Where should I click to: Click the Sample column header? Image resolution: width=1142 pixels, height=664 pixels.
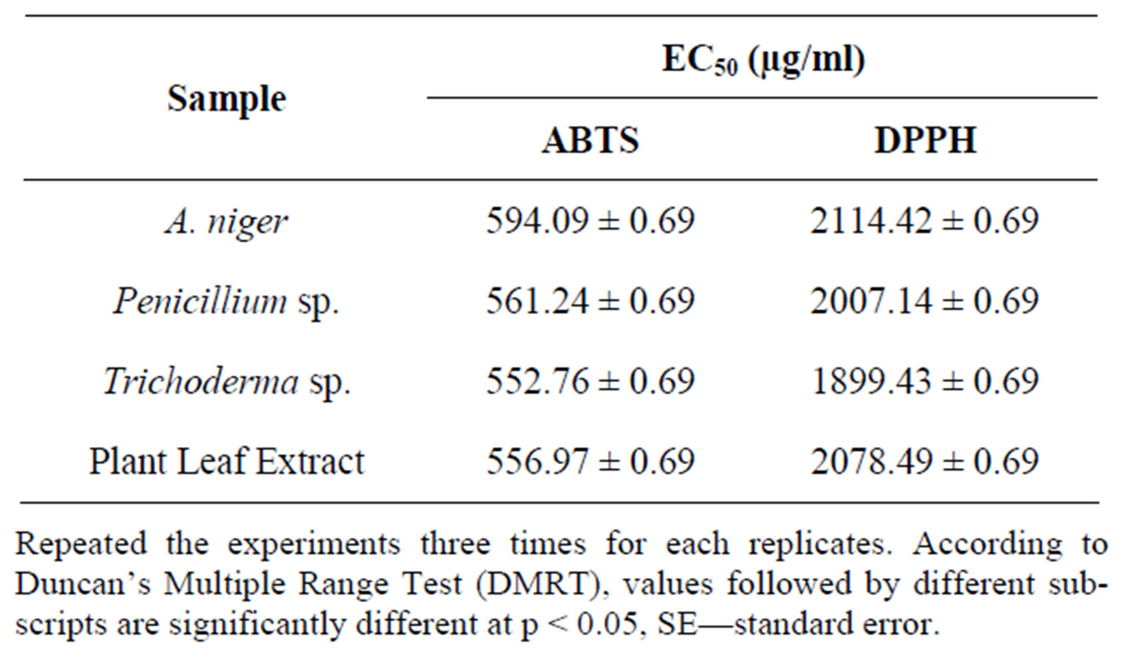point(226,99)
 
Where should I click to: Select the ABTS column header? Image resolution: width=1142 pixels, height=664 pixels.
point(590,140)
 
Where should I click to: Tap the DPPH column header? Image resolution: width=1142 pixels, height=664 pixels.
point(926,140)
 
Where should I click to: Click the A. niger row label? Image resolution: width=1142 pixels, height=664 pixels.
point(226,222)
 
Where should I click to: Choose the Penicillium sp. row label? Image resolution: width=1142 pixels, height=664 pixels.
point(226,301)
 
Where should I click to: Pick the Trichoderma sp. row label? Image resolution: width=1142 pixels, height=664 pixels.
point(226,381)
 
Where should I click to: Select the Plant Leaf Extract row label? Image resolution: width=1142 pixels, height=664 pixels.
point(226,462)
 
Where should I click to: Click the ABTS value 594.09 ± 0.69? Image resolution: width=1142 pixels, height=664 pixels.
point(590,221)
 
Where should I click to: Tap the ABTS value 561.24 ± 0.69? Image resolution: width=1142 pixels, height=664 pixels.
point(590,301)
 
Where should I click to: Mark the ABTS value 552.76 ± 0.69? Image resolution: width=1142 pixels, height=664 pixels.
point(590,381)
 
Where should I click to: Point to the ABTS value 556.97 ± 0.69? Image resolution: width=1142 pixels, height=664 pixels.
point(590,461)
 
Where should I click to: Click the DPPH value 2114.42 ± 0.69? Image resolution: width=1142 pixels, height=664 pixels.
point(924,221)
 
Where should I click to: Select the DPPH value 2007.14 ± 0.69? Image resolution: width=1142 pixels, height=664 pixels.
point(924,301)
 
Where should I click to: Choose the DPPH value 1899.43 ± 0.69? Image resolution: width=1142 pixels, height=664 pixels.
point(924,381)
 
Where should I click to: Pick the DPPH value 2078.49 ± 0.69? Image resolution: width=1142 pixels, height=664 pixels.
point(924,461)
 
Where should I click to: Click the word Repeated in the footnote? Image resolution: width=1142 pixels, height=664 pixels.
point(81,545)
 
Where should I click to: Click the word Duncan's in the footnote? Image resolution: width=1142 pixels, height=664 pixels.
point(83,585)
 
